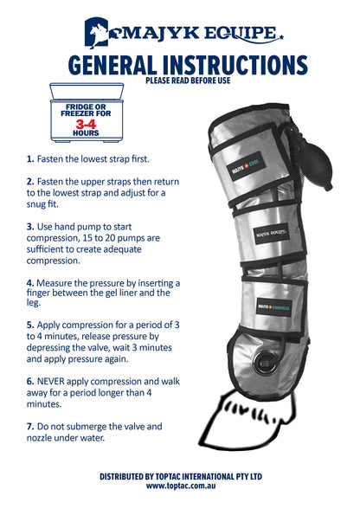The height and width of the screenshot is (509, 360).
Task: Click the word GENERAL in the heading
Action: (x=116, y=66)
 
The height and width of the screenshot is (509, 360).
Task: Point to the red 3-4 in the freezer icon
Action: (x=86, y=124)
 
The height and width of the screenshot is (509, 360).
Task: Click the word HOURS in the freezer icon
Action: (x=86, y=133)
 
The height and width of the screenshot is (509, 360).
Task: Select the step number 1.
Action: (x=29, y=159)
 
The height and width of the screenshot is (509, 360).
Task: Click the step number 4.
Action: (x=29, y=282)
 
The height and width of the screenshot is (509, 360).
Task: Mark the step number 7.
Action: (x=29, y=428)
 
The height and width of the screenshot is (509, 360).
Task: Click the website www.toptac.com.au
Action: (x=180, y=486)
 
